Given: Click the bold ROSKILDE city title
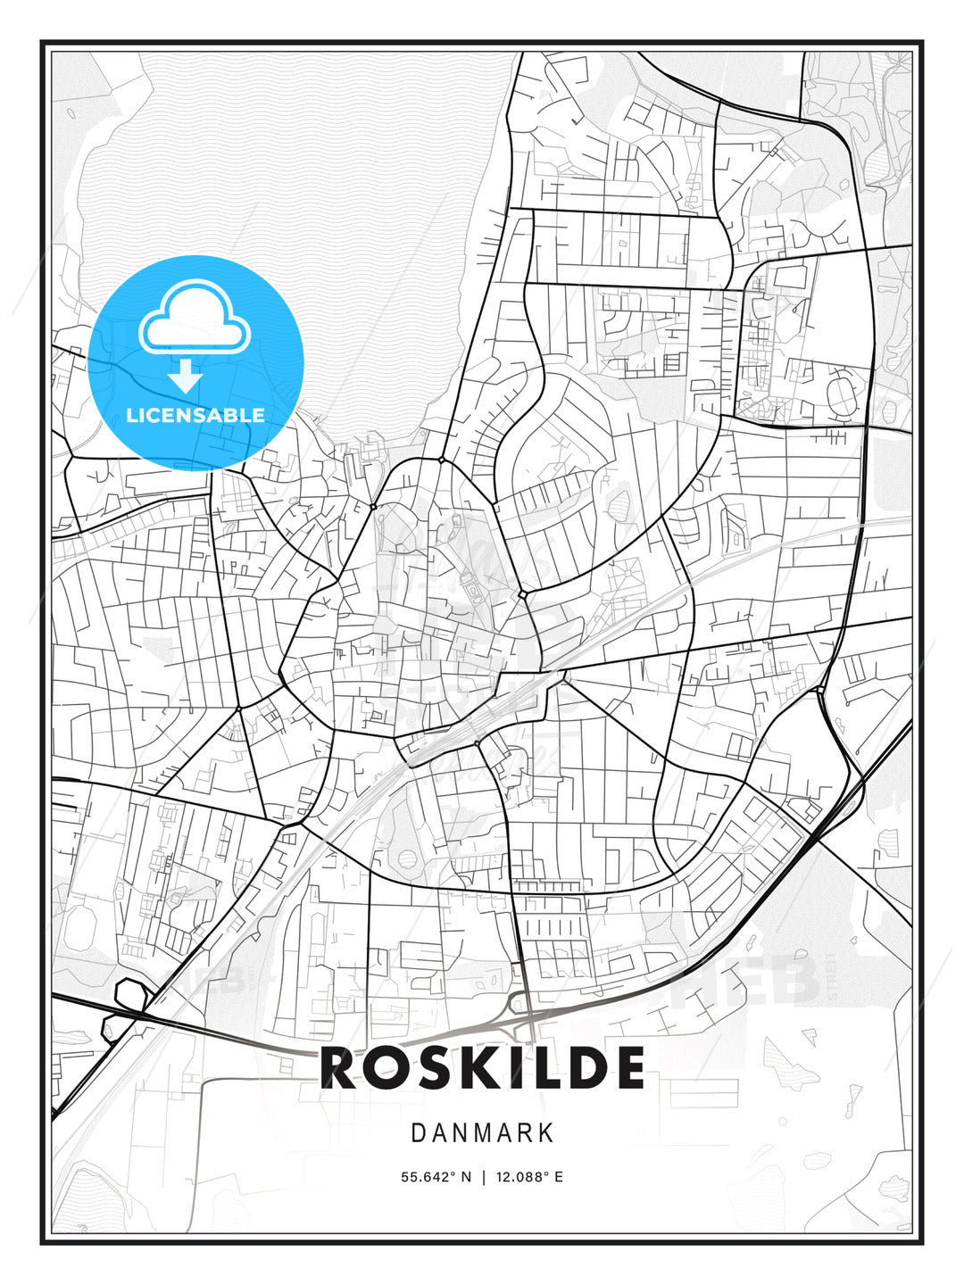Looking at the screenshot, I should pyautogui.click(x=482, y=1068).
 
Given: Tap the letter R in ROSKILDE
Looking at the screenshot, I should pyautogui.click(x=340, y=1068).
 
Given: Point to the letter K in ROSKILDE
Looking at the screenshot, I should pyautogui.click(x=483, y=1068).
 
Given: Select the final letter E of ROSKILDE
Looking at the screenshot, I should pyautogui.click(x=627, y=1068).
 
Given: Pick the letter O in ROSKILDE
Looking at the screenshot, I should pyautogui.click(x=387, y=1068).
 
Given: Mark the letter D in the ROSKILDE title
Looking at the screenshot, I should pyautogui.click(x=583, y=1068).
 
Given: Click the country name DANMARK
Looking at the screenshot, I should pyautogui.click(x=482, y=1133).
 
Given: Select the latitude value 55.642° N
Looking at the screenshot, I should pyautogui.click(x=436, y=1177).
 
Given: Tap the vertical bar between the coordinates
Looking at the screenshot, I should pyautogui.click(x=483, y=1177).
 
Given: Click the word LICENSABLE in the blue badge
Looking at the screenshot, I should pyautogui.click(x=195, y=415).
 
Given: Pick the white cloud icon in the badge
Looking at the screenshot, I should pyautogui.click(x=194, y=319).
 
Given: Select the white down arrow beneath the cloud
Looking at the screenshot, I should pyautogui.click(x=185, y=377).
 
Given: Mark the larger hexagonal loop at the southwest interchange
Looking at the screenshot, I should pyautogui.click(x=131, y=994).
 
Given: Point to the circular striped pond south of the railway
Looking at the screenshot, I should pyautogui.click(x=407, y=858).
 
